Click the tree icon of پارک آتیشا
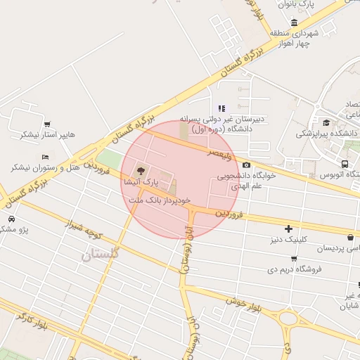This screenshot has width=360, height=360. pyautogui.click(x=140, y=170)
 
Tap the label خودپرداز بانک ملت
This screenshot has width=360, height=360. pyautogui.click(x=160, y=200)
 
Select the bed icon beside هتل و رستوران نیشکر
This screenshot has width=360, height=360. pyautogui.click(x=46, y=157)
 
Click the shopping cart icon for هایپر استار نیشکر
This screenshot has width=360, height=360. pyautogui.click(x=46, y=123)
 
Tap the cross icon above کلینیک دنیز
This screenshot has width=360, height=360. pyautogui.click(x=288, y=229)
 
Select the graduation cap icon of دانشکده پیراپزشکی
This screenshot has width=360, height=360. pyautogui.click(x=326, y=122)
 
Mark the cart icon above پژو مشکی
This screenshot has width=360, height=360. pyautogui.click(x=12, y=219)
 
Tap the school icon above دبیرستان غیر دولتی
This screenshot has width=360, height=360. pyautogui.click(x=221, y=108)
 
